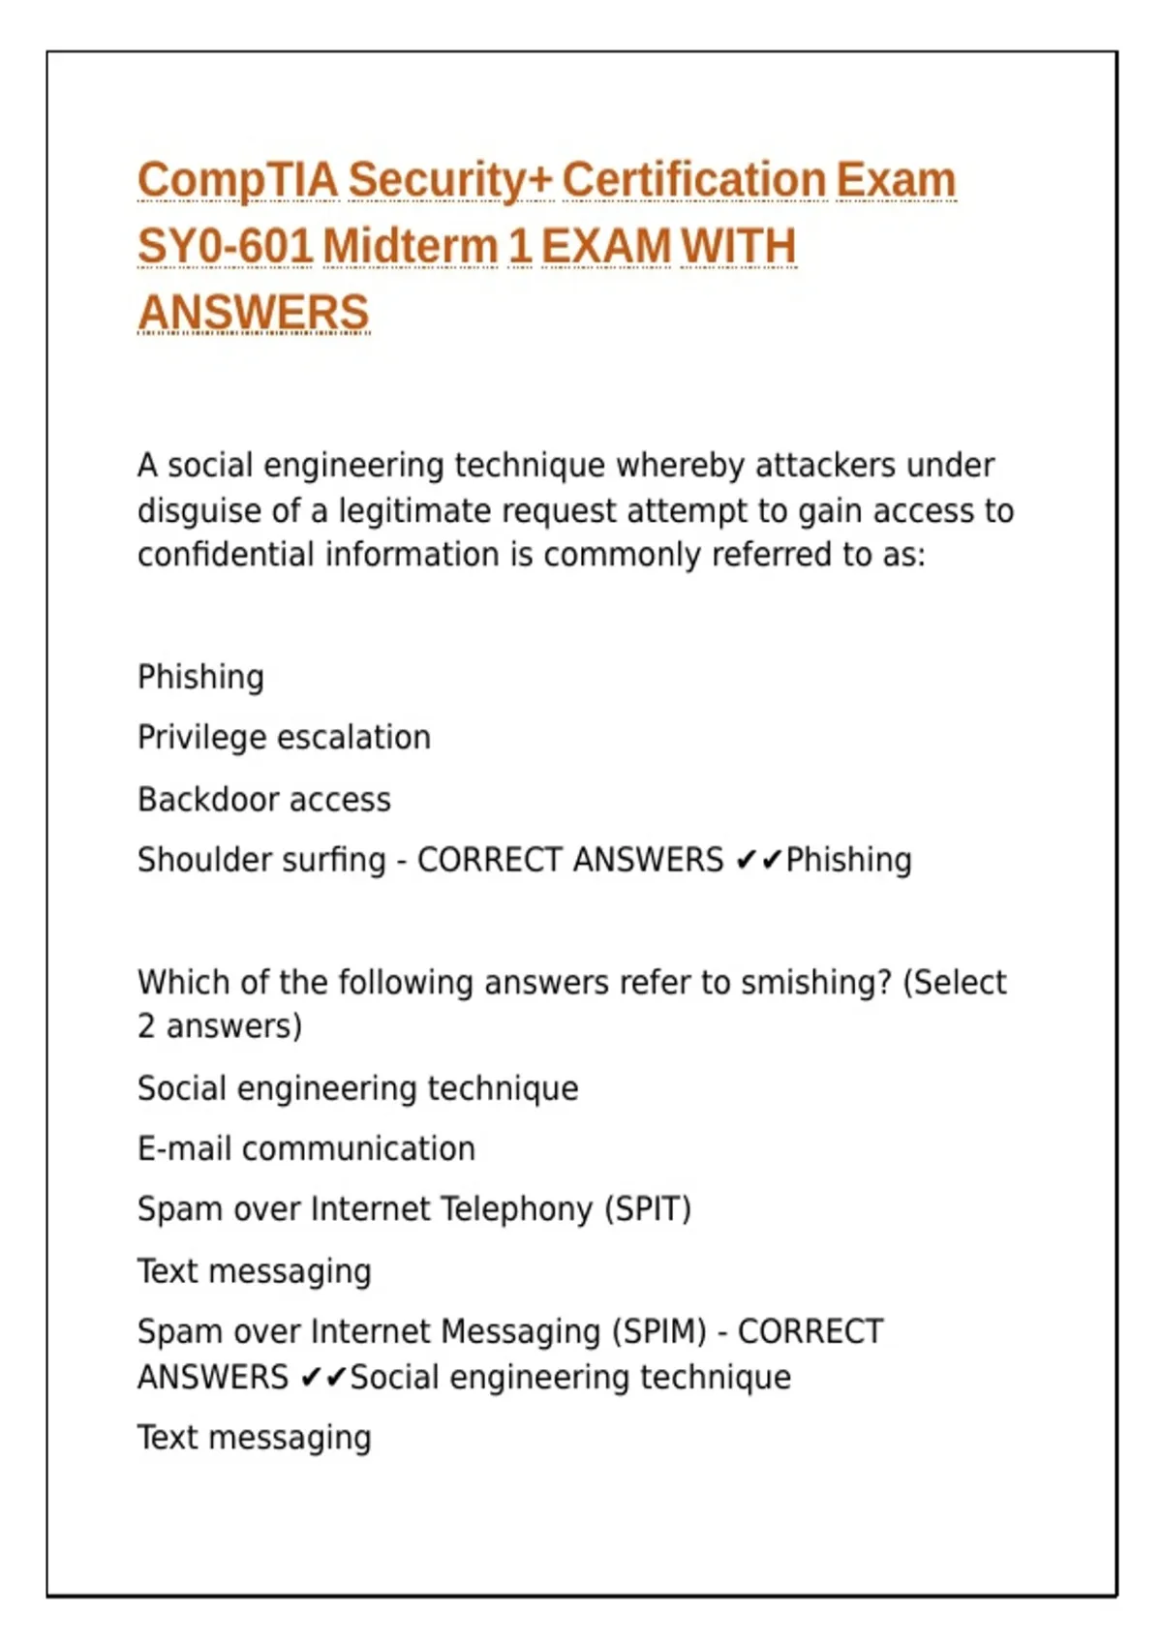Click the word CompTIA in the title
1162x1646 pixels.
237,181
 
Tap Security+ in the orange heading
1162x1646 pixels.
449,181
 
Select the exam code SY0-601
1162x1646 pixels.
225,247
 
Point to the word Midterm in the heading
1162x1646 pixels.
410,247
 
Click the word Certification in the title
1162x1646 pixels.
693,181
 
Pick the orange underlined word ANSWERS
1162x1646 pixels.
254,313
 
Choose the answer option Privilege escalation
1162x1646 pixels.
284,738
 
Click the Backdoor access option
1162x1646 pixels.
264,800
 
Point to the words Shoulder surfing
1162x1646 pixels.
261,860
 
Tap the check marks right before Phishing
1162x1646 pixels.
758,860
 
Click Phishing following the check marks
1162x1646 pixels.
848,860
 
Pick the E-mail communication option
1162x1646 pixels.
306,1149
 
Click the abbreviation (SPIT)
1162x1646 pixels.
647,1209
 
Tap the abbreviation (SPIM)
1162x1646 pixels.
657,1332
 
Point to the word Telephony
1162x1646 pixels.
515,1209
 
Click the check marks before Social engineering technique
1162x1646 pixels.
323,1377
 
